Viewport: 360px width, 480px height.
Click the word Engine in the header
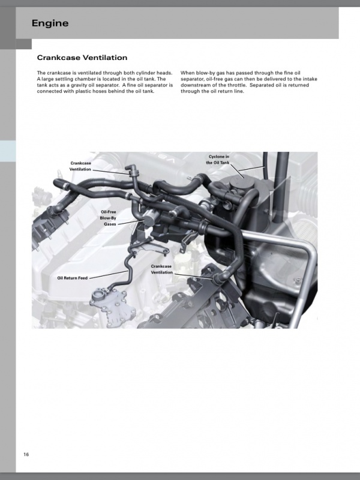pos(50,23)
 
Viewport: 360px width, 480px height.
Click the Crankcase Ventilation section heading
pos(82,58)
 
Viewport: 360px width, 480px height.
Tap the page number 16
pos(26,454)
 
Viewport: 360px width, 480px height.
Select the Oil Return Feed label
pos(72,278)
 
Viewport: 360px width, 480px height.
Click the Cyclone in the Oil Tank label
pos(218,159)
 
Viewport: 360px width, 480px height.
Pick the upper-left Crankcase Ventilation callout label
pos(80,166)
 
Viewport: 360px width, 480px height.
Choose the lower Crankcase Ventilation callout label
pos(162,269)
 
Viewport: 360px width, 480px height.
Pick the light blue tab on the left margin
pos(8,151)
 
